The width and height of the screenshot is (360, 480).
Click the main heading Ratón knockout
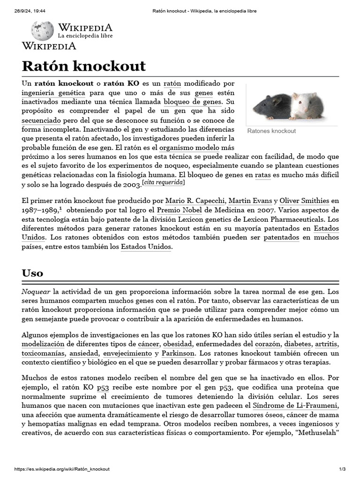[x=84, y=66]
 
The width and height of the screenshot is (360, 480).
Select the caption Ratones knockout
[x=271, y=131]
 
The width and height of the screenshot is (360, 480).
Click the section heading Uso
[x=32, y=273]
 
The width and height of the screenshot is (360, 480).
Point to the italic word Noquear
[x=36, y=292]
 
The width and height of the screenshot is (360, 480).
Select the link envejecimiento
[x=127, y=353]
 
